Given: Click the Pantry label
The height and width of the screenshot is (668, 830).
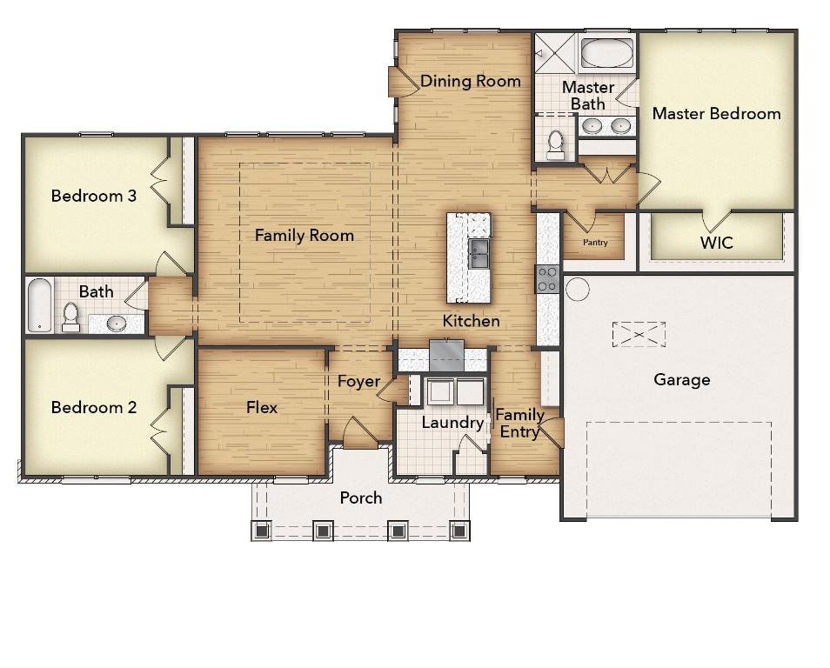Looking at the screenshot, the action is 595,243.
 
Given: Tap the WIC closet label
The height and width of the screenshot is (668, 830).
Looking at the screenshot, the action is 716,243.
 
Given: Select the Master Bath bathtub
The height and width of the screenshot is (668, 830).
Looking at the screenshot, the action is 606,53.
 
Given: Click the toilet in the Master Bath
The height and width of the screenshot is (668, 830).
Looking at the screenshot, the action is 555,144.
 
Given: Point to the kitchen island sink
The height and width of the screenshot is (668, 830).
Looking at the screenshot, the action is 479,253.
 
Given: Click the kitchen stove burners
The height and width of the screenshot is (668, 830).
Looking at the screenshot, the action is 547,279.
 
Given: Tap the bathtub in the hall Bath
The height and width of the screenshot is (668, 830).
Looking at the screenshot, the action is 40,306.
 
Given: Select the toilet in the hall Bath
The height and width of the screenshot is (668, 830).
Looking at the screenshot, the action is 70,317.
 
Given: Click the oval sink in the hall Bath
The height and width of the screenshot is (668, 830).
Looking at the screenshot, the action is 117,323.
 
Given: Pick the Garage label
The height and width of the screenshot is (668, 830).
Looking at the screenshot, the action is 682,379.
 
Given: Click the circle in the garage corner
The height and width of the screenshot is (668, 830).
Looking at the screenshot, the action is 577,289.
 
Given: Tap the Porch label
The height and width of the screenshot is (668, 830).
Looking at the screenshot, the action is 360,498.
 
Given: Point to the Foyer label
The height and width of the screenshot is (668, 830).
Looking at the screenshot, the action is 359,381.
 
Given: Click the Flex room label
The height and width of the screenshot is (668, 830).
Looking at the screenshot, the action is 262,407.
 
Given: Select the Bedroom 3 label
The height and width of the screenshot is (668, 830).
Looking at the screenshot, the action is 94,196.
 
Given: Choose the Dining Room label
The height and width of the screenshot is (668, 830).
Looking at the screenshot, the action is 471,81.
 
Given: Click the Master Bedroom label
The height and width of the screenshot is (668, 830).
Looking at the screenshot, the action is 716,113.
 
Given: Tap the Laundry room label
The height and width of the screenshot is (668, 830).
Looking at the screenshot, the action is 452,423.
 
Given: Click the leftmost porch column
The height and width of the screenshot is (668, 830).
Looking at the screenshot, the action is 261,530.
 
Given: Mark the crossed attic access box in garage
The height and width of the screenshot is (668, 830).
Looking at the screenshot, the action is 639,335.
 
